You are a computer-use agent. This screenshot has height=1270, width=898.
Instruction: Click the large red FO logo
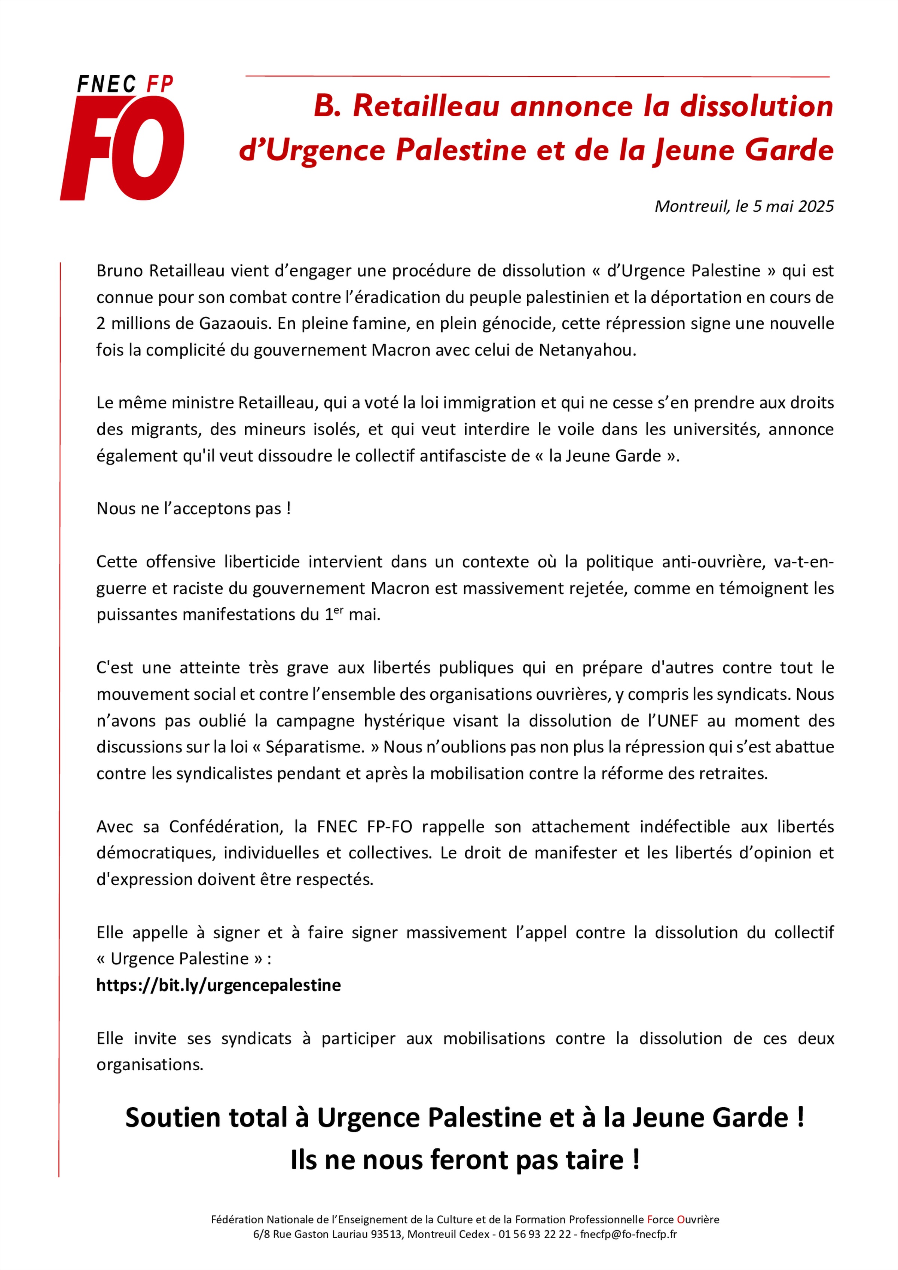123,148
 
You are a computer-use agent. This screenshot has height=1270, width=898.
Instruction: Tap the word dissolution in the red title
756,106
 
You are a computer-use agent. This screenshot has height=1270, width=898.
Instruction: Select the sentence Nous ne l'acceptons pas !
194,508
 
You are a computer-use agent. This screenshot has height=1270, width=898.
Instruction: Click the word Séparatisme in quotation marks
315,747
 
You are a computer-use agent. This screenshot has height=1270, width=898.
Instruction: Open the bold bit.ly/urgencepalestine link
219,985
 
